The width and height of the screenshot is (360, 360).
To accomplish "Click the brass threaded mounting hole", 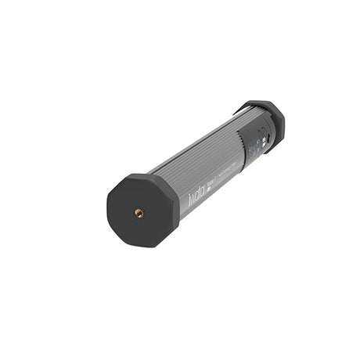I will (x=139, y=212).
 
